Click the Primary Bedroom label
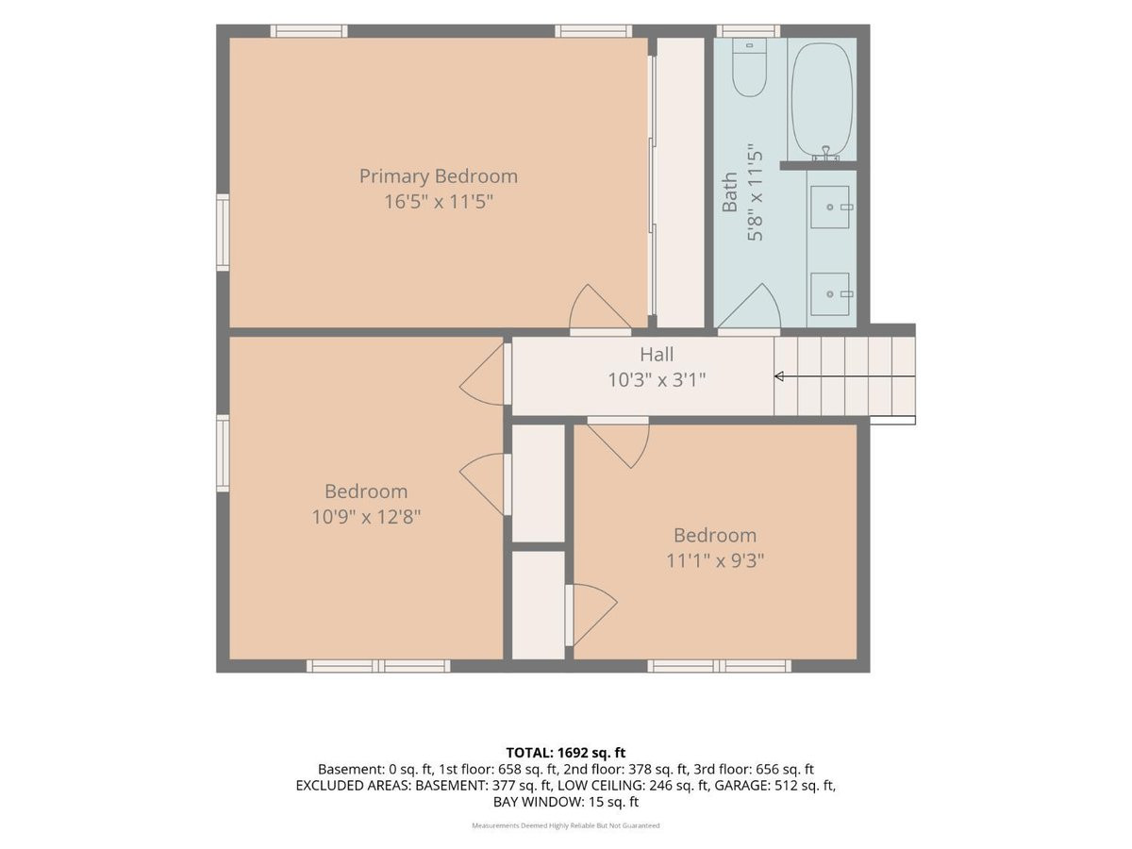coord(439,176)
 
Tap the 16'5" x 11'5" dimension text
coord(439,202)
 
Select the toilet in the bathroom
coord(749,68)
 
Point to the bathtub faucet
coord(825,154)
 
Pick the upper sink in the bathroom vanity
coord(830,207)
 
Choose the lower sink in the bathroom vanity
coord(830,293)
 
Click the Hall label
coord(657,355)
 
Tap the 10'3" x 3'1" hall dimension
coord(657,380)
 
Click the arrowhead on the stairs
coord(779,376)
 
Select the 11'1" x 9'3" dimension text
coord(715,561)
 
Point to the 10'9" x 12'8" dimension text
coord(366,517)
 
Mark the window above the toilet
coord(748,31)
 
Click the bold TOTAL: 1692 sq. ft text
coord(566,753)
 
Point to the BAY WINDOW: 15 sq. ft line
coord(566,802)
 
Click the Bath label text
coord(730,191)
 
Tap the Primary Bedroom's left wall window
coord(223,232)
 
